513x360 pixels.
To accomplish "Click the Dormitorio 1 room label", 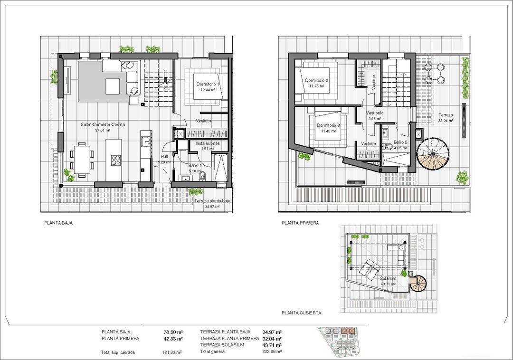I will point(208,84).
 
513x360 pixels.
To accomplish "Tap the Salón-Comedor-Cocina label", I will point(103,124).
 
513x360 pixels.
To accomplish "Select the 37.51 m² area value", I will point(103,130).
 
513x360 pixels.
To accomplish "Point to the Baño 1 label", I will point(195,166).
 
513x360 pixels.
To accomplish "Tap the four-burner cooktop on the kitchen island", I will point(115,161).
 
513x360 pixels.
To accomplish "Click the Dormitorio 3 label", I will point(328,126).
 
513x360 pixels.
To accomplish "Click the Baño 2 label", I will point(400,142).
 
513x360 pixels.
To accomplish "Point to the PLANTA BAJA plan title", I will point(58,222).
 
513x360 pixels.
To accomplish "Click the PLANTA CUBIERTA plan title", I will point(301,313).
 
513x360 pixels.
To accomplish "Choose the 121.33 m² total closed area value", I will point(172,352).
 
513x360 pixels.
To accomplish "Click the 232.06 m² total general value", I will point(272,351).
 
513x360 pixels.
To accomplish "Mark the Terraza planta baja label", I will point(212,201).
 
